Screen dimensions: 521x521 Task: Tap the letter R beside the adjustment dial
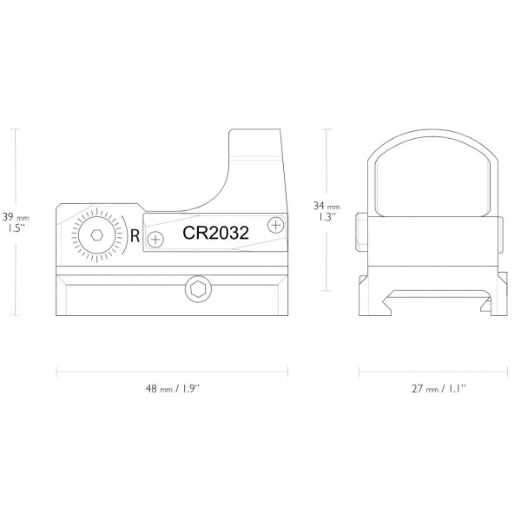point(135,234)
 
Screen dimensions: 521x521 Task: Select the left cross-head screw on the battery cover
point(155,238)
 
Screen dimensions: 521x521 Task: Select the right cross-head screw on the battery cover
point(276,224)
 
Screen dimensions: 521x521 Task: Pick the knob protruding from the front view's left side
point(359,234)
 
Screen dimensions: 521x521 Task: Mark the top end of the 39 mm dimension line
point(16,128)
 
